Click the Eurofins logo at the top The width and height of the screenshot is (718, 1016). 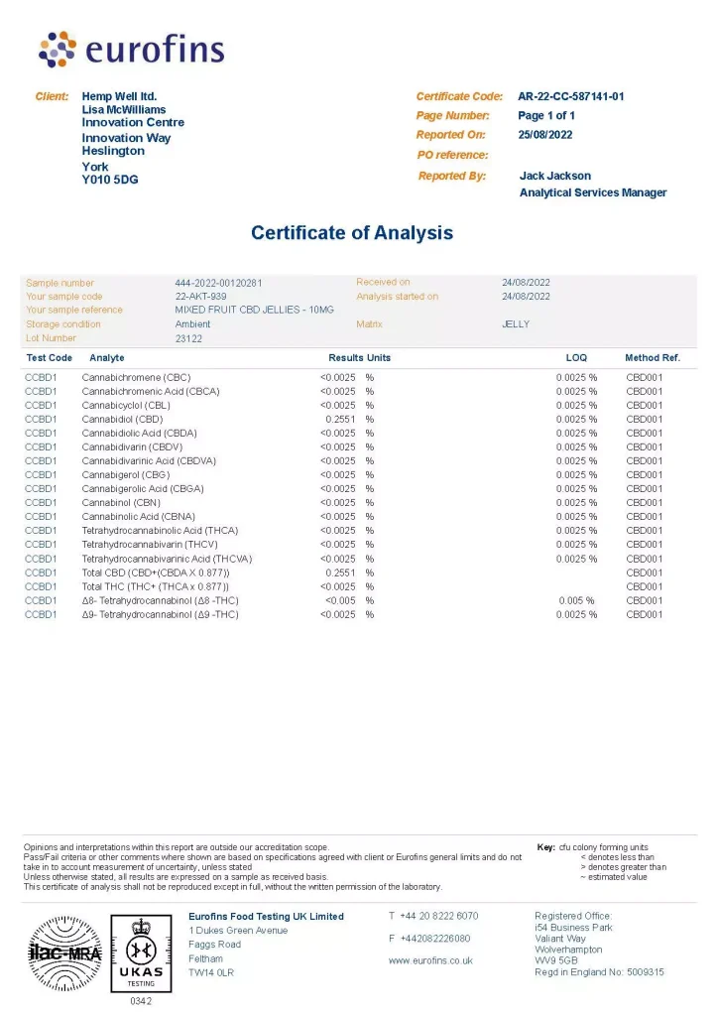(x=131, y=50)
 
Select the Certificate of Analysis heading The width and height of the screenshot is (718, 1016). (x=351, y=233)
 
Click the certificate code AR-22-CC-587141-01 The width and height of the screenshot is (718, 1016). (x=571, y=96)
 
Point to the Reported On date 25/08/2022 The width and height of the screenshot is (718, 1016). (x=544, y=135)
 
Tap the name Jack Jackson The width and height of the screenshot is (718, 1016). (x=554, y=176)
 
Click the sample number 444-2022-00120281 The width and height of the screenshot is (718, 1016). (x=218, y=283)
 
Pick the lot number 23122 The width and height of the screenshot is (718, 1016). (x=188, y=338)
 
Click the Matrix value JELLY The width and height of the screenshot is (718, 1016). (x=516, y=324)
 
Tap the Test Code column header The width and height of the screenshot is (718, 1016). (x=49, y=357)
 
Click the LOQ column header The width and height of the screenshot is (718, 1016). (x=575, y=357)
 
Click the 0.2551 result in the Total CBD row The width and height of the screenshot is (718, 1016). (x=341, y=572)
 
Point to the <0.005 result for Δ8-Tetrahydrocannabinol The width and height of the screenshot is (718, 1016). (x=338, y=600)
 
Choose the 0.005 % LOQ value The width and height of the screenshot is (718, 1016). (x=576, y=600)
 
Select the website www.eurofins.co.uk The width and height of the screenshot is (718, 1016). (x=430, y=960)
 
